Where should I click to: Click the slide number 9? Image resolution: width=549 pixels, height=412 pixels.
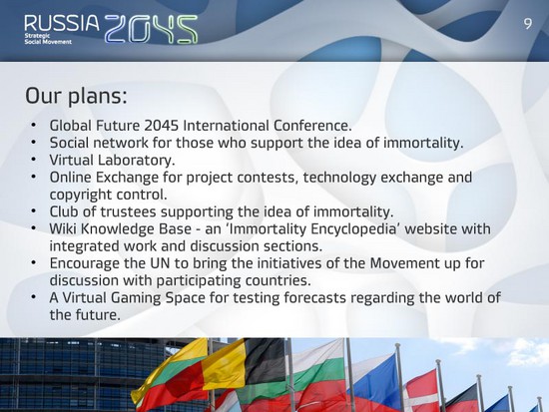coord(528,24)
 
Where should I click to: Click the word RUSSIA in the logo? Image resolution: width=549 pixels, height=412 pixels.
coord(62,23)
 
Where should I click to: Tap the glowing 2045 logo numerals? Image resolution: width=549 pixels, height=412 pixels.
coord(152,29)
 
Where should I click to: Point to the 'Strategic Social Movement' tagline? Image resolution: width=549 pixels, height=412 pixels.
coord(48,39)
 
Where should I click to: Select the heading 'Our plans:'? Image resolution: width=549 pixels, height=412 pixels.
coord(76,96)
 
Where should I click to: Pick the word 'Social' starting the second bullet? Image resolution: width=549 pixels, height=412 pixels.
coord(69,143)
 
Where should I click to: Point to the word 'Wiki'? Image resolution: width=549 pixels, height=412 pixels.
coord(63,228)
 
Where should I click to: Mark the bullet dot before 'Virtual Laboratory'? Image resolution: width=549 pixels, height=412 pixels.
coord(33,160)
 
